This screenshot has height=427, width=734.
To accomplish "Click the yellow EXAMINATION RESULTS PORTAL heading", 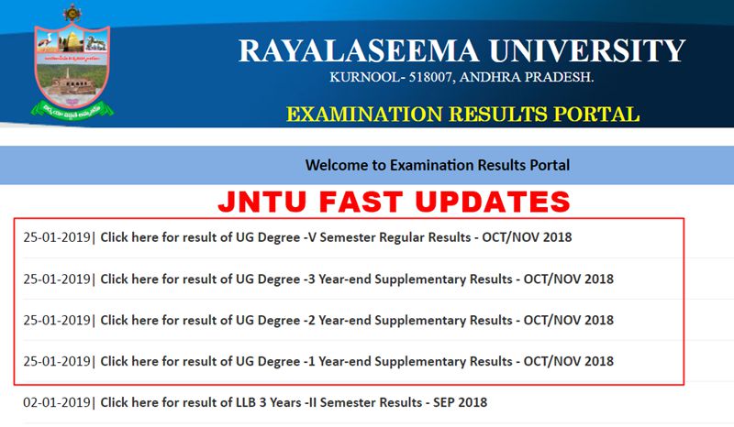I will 462,115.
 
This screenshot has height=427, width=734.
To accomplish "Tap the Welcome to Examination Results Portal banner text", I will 438,165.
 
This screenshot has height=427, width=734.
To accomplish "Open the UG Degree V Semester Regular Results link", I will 336,237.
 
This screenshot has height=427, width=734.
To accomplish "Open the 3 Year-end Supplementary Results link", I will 357,279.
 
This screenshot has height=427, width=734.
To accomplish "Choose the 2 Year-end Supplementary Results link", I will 357,320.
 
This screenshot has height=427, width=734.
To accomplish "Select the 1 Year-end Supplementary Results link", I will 357,361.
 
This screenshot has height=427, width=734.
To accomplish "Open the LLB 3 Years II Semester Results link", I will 294,401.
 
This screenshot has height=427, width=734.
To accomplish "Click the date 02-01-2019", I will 58,401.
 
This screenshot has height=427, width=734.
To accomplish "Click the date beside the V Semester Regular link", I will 58,237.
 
